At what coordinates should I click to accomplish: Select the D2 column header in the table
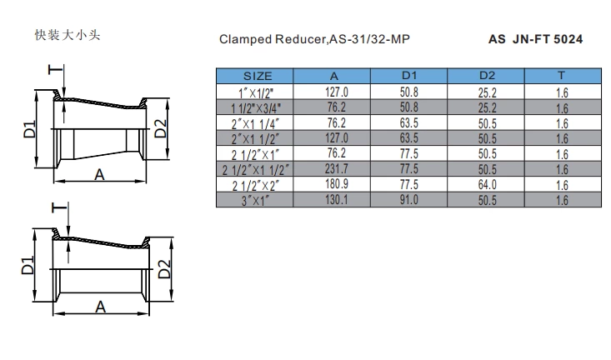coord(488,76)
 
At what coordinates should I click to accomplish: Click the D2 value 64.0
coord(488,185)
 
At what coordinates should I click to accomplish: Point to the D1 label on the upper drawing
coord(29,129)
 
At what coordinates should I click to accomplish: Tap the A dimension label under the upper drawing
coord(98,174)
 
